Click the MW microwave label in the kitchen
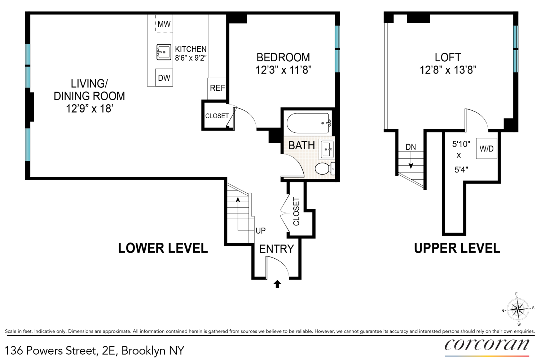tap(164, 24)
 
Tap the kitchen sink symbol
tap(164, 52)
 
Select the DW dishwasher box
tap(164, 78)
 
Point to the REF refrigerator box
tap(217, 88)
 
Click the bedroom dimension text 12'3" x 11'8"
tap(283, 70)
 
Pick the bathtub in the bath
tap(308, 123)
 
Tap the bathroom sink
tap(327, 149)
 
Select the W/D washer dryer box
tap(487, 149)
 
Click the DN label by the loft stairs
tap(410, 147)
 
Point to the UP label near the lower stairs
tap(260, 231)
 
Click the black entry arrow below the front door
tap(277, 284)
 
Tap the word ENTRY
tap(276, 249)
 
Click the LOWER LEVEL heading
tap(163, 248)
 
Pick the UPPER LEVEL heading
tap(457, 248)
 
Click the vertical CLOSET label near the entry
tap(296, 211)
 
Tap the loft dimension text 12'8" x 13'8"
tap(448, 70)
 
